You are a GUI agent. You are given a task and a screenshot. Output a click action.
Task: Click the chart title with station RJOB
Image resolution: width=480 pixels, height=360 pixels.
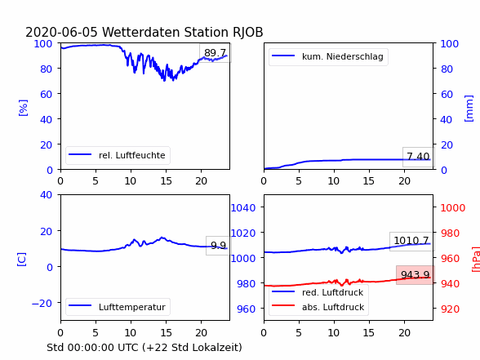(x=144, y=32)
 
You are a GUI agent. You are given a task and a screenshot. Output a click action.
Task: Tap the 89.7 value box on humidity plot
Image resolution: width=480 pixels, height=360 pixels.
(x=216, y=53)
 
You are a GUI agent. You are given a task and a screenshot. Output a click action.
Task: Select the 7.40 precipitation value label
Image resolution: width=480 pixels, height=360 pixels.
(x=418, y=157)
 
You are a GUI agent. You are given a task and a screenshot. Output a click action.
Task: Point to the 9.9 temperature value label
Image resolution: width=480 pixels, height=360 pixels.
(x=218, y=246)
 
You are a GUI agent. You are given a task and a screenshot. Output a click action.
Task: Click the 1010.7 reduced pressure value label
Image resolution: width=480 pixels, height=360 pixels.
(x=411, y=241)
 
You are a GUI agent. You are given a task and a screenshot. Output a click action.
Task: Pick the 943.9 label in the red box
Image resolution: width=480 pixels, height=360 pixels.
(x=415, y=275)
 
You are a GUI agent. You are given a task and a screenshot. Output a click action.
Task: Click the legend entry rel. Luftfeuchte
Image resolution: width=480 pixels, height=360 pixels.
(x=118, y=155)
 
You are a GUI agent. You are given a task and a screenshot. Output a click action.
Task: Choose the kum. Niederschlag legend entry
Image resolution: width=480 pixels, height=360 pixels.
(x=328, y=56)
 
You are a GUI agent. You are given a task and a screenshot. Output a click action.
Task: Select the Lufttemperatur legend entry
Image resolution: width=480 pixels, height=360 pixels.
(x=118, y=307)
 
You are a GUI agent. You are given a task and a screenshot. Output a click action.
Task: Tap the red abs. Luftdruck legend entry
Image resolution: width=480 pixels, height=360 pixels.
(x=318, y=307)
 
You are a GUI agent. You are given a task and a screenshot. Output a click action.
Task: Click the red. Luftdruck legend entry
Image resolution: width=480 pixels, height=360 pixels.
(x=318, y=292)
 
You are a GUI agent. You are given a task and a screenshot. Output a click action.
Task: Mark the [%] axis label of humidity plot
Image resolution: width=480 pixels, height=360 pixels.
(x=23, y=108)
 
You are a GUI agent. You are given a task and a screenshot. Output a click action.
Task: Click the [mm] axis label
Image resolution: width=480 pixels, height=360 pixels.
(x=469, y=109)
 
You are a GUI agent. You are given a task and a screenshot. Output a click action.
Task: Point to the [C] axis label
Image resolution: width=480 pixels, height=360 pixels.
(x=22, y=260)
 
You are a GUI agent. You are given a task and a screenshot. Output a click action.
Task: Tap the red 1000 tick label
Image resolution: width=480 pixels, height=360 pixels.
(x=453, y=208)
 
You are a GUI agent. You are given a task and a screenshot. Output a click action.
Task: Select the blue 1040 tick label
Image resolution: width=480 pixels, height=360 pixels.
(x=243, y=208)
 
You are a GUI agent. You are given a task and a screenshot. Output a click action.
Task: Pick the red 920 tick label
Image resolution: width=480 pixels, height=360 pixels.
(x=450, y=309)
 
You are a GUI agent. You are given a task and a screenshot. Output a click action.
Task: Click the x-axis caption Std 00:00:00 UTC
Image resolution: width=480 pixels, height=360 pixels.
(x=144, y=348)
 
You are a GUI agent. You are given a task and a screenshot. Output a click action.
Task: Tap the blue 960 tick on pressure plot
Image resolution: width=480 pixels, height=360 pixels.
(x=247, y=309)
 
